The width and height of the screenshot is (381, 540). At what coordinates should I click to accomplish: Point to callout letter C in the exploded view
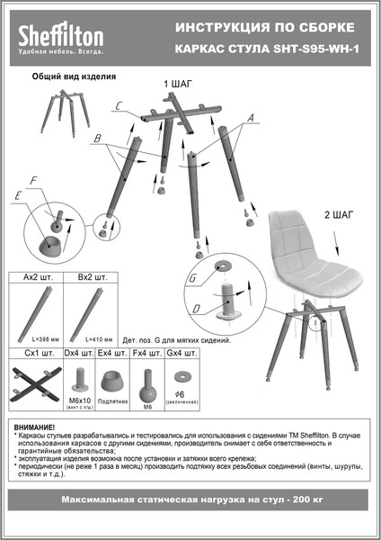(119, 106)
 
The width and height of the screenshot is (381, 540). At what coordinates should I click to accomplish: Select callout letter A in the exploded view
(251, 118)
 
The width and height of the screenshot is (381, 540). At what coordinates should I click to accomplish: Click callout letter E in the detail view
(18, 195)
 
